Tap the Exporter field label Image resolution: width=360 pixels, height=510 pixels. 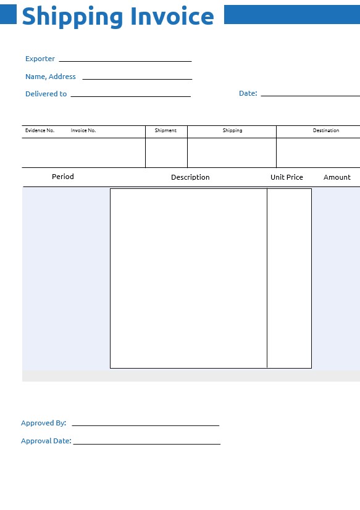pos(40,59)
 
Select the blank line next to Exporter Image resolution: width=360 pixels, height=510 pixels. pos(125,61)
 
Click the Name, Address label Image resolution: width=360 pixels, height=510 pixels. pos(51,77)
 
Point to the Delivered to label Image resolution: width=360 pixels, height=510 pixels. pos(46,94)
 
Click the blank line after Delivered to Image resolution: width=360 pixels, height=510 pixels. pos(130,96)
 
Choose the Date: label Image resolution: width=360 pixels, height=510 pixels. pos(248,93)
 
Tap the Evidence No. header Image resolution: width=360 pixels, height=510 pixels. pos(40,131)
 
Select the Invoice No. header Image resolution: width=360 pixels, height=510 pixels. pos(83,131)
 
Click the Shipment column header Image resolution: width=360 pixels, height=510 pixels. pos(165,131)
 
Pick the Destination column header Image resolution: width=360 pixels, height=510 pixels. pos(326,131)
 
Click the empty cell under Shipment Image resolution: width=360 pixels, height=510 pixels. pos(166,153)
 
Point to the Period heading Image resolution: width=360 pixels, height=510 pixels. pos(63,177)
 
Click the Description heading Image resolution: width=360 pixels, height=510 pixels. pos(190,177)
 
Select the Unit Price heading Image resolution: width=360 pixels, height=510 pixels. pos(287,177)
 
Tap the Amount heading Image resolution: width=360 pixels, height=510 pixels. pos(337,177)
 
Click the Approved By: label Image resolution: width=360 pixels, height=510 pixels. pos(43,423)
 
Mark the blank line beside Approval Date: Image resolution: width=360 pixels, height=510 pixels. pos(146,443)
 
